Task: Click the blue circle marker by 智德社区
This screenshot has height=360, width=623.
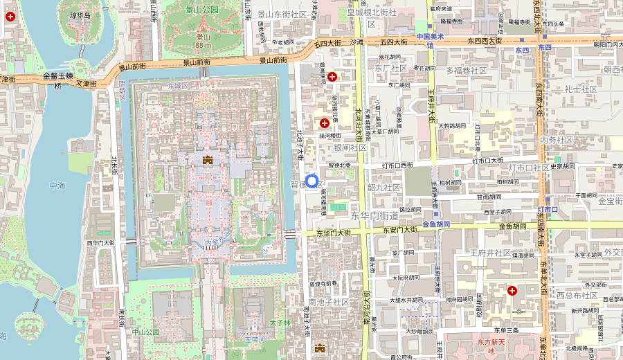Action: pos(311,181)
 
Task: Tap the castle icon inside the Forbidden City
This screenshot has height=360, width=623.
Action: pos(207,161)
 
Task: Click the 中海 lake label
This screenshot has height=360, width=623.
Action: pos(58,186)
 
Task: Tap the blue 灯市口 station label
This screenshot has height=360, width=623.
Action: pos(548,209)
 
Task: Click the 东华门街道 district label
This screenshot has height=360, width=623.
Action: pos(374,215)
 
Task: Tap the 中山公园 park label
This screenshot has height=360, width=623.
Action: pos(145,332)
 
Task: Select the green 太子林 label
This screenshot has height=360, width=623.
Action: pos(279,323)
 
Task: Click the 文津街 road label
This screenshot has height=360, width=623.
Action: pos(87,83)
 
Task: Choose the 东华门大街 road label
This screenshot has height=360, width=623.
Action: pos(334,233)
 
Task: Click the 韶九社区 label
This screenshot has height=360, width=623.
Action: pos(383,187)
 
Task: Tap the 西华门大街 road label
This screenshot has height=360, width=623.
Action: pos(100,243)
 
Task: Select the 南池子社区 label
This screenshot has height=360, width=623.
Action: pos(329,302)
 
